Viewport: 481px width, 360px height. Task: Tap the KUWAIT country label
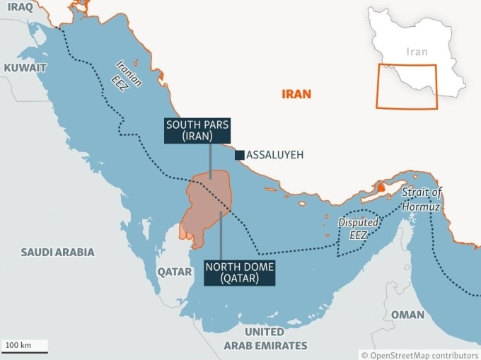click(x=25, y=68)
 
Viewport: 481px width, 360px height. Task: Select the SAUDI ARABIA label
click(x=57, y=252)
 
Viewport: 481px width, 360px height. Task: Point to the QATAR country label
click(x=174, y=272)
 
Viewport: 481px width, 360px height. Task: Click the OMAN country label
click(x=408, y=315)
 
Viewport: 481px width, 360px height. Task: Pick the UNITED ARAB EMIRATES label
click(x=265, y=339)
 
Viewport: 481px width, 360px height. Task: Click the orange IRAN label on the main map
click(x=296, y=93)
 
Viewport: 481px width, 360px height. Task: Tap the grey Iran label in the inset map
click(x=417, y=52)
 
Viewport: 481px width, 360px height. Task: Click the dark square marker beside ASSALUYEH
click(x=240, y=155)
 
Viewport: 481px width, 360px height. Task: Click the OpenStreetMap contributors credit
click(x=420, y=355)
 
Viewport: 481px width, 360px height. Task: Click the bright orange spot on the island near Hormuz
click(x=381, y=187)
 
